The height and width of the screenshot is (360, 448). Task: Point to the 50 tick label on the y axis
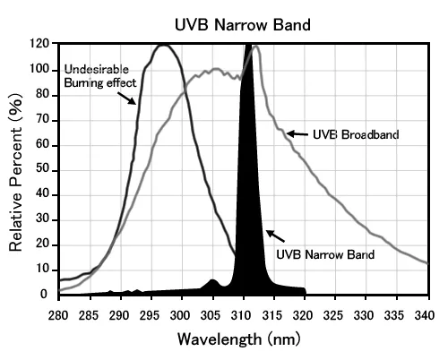click(x=41, y=169)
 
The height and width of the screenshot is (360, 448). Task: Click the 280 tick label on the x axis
click(x=58, y=315)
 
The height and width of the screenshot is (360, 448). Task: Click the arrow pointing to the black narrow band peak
click(x=276, y=236)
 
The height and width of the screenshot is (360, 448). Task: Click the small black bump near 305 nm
click(x=211, y=283)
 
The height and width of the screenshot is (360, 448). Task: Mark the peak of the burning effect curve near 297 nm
click(x=162, y=45)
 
